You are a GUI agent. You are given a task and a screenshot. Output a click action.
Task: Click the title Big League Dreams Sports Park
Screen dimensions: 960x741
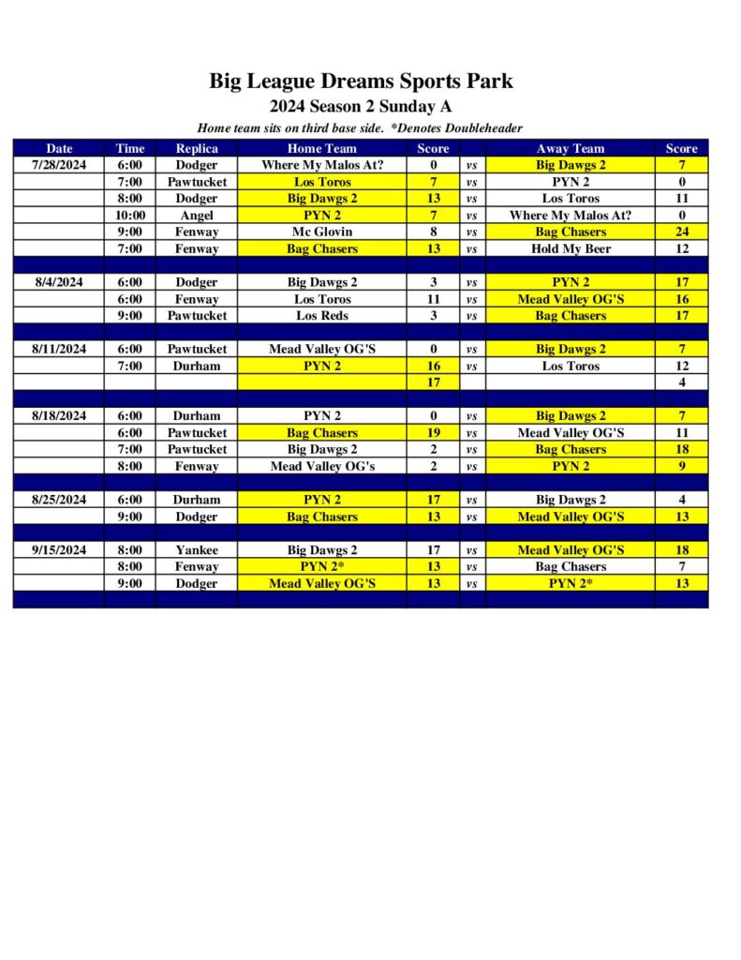coord(361,81)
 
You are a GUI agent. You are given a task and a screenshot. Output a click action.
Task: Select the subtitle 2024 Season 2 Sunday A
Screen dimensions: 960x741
coord(361,106)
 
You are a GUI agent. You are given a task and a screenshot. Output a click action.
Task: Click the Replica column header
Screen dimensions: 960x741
coord(197,148)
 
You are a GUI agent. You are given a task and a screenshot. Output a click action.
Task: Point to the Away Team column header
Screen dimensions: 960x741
coord(571,148)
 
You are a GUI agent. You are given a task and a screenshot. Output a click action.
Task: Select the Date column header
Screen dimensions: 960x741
coord(59,148)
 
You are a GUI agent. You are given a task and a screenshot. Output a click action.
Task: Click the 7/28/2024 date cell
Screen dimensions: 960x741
coord(59,165)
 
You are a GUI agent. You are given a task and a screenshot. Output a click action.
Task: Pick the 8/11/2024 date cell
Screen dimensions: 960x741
coord(59,349)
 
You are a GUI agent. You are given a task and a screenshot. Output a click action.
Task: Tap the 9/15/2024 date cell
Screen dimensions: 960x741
coord(59,550)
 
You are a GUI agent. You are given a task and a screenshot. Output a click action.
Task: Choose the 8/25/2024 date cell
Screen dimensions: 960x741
coord(59,500)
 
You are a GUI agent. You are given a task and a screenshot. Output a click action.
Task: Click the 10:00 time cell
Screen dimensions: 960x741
coord(130,216)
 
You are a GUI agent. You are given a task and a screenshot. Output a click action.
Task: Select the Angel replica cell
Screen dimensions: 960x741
coord(197,216)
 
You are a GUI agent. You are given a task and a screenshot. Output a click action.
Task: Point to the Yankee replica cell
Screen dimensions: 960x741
coord(197,550)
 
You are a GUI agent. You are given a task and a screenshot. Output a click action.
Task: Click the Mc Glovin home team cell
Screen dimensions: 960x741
coord(321,232)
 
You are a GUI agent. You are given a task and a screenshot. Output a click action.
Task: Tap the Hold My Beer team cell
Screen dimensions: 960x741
coord(571,249)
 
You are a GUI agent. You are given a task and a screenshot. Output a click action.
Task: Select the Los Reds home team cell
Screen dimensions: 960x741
coord(321,316)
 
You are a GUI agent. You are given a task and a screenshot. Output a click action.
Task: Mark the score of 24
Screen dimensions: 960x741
coord(682,232)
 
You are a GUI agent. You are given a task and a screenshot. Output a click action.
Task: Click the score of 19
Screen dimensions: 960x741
coord(434,433)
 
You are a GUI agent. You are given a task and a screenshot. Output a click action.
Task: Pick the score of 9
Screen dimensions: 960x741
coord(682,466)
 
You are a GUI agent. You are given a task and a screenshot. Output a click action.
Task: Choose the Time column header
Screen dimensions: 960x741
coord(130,148)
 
